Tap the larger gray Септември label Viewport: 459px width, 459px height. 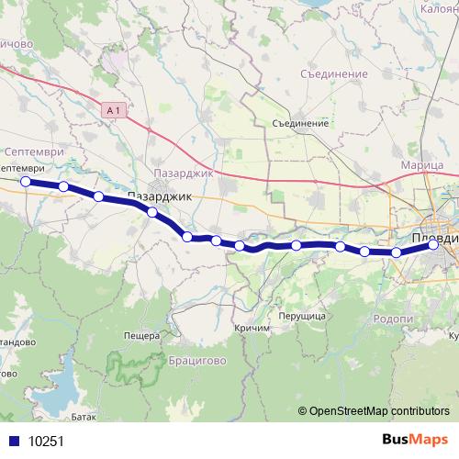[34, 151]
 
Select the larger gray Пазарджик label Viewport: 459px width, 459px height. [183, 173]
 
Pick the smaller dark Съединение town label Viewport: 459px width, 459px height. [300, 123]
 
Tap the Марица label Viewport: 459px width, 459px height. [422, 165]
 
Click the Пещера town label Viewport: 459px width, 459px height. [142, 336]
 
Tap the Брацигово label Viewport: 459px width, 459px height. [197, 361]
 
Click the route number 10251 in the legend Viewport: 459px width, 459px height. [46, 441]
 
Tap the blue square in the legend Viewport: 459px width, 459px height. [15, 441]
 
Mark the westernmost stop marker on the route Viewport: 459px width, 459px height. [27, 182]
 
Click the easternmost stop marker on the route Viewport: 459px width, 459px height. [433, 245]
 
